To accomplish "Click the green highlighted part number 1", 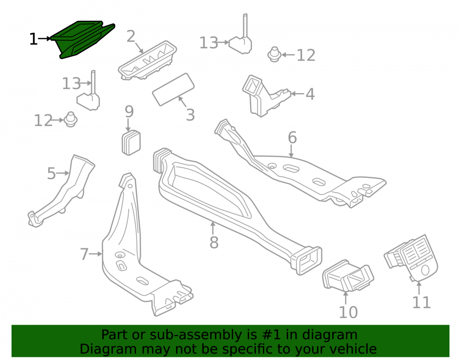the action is (x=83, y=40).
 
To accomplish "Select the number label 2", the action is (x=131, y=36).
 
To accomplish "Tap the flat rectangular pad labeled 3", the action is (x=173, y=89).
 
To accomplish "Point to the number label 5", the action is (x=51, y=173).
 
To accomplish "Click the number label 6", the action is (x=292, y=137).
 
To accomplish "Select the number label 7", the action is (x=84, y=254).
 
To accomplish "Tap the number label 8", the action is (x=214, y=242).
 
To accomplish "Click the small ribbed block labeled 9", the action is (x=131, y=142).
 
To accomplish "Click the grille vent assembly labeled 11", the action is (x=412, y=258).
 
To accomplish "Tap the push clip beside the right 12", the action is (x=274, y=54).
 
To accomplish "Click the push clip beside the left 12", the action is (x=70, y=119).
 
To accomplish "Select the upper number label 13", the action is (x=209, y=43).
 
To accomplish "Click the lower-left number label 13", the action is (x=71, y=83).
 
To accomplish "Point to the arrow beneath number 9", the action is (x=128, y=124).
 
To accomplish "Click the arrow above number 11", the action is (x=419, y=288).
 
